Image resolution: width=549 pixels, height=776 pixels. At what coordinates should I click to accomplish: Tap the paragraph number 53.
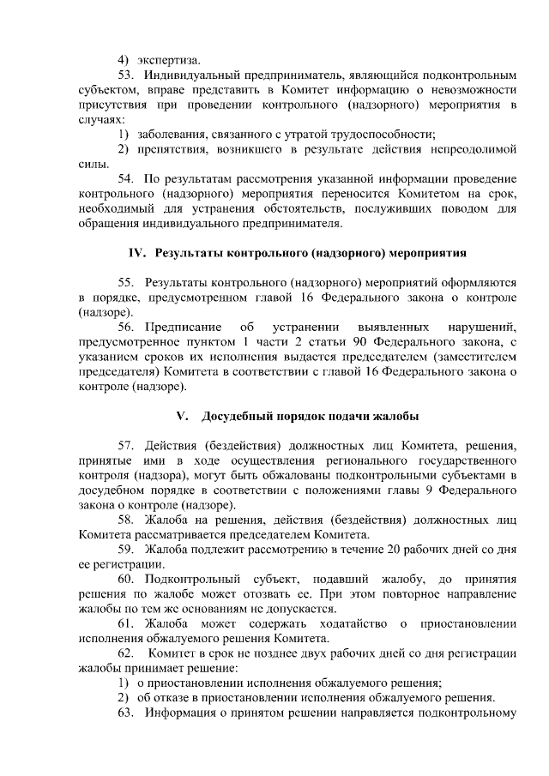126,75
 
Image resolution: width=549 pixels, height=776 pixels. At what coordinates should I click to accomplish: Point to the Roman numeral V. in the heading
181,417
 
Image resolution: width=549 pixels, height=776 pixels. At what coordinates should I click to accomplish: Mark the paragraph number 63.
126,713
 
